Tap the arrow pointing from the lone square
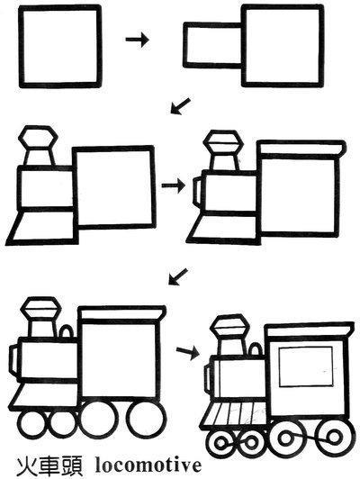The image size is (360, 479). point(137,40)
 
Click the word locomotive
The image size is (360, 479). point(148,465)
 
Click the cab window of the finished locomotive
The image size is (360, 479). point(306,366)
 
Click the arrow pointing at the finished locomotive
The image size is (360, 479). point(188,353)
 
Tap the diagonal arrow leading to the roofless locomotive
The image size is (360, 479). point(180,106)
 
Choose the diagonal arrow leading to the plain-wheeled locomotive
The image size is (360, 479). point(178,276)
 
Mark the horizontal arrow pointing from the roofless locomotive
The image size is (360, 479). point(173,185)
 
